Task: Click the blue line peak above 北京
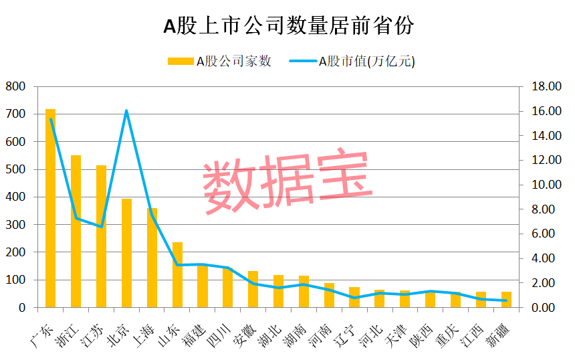[x=126, y=111]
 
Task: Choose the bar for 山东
[x=177, y=274]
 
